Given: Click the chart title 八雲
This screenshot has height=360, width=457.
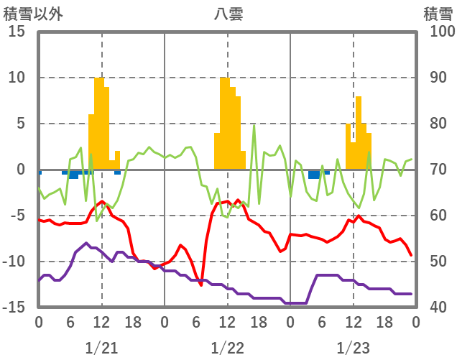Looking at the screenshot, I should (x=228, y=14).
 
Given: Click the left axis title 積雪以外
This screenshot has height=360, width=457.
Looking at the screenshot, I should (x=33, y=14).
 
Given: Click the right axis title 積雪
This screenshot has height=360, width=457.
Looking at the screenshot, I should (x=438, y=14).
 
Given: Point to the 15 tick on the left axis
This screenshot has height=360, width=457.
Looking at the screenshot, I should (x=17, y=32).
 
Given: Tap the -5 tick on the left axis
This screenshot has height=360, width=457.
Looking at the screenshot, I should (x=17, y=216).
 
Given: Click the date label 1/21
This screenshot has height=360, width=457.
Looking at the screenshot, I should (x=101, y=348).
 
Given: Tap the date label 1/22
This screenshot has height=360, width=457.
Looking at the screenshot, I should (x=228, y=348).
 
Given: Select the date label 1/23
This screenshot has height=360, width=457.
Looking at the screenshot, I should (x=354, y=348).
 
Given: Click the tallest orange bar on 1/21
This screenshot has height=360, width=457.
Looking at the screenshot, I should (x=99, y=122).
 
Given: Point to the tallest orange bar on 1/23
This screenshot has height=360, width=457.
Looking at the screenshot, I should (x=359, y=133).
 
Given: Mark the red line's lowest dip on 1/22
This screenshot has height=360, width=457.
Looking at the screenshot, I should (x=202, y=285).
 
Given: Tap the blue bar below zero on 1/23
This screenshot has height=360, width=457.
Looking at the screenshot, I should (x=314, y=175).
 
